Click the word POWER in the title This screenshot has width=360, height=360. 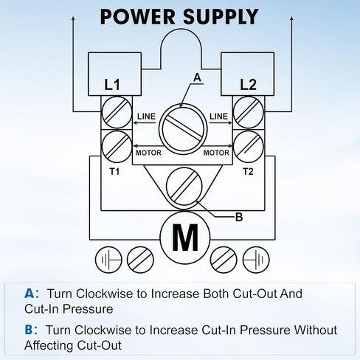137,17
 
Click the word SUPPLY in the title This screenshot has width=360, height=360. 221,17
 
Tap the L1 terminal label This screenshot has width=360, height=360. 112,85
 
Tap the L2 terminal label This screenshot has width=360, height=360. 248,85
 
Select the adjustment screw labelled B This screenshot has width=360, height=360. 184,186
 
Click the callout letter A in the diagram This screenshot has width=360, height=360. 197,77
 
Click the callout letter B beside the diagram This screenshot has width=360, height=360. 239,217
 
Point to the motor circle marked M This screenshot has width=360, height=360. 185,238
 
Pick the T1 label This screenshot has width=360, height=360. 114,171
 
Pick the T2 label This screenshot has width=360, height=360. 248,171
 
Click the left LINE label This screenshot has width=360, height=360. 146,116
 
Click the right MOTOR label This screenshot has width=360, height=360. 216,153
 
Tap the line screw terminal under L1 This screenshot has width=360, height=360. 117,112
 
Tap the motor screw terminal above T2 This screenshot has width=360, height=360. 249,147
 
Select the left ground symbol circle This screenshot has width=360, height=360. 108,260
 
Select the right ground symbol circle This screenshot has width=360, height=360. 256,260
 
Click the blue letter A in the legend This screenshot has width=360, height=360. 30,294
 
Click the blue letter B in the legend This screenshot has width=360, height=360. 29,330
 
